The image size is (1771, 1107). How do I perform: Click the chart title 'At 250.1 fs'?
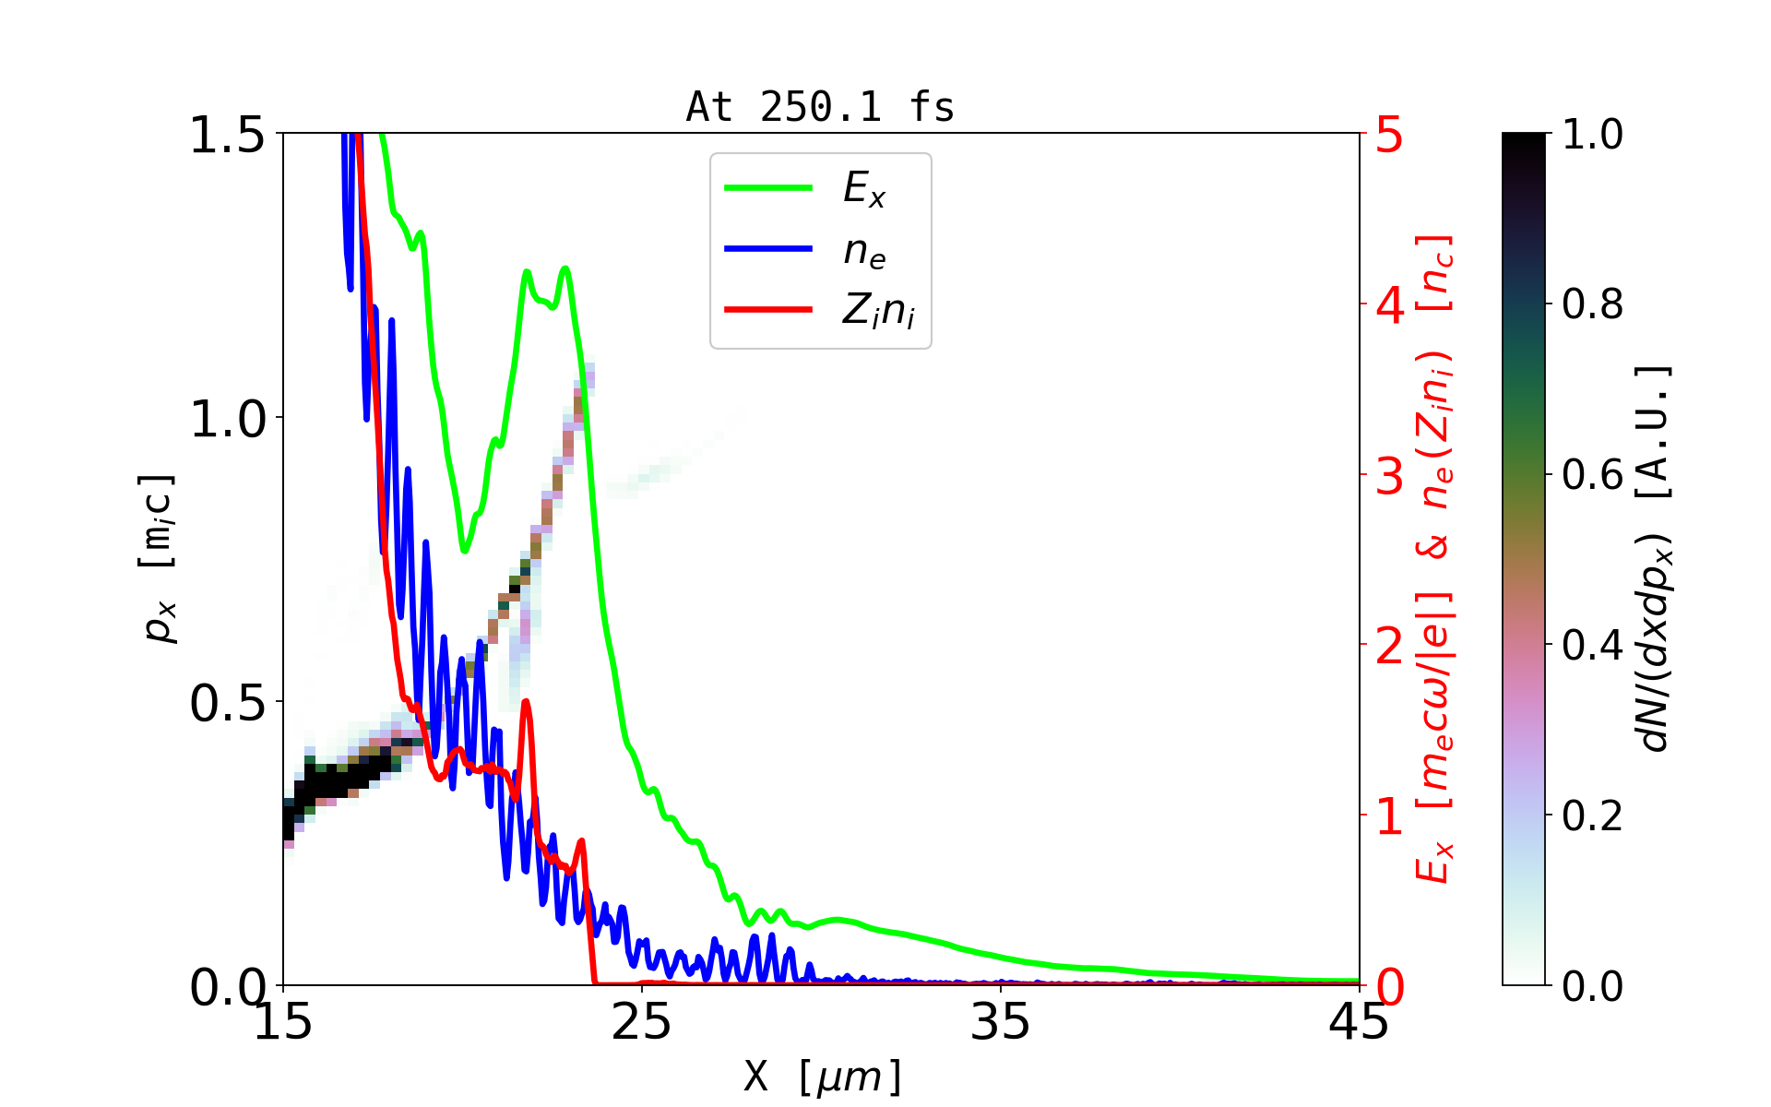820,108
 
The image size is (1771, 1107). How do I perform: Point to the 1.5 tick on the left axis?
227,136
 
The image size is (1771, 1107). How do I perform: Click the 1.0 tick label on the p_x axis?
227,420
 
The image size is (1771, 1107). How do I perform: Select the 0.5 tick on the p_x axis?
227,704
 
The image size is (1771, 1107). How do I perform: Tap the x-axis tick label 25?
642,1023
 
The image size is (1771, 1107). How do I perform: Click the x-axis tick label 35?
1001,1023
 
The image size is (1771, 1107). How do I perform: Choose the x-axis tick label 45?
1359,1023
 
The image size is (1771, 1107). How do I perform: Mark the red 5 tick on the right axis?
1389,136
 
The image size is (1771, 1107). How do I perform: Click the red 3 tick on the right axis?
1389,476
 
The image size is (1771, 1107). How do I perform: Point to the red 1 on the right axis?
1389,816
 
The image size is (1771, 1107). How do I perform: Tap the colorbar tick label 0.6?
1592,475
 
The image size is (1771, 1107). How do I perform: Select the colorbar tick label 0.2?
1592,815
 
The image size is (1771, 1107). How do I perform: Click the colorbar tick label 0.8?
1592,304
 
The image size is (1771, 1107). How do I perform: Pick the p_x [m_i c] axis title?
159,558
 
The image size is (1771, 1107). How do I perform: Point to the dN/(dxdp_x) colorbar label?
1656,558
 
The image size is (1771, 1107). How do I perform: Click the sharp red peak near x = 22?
525,704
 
